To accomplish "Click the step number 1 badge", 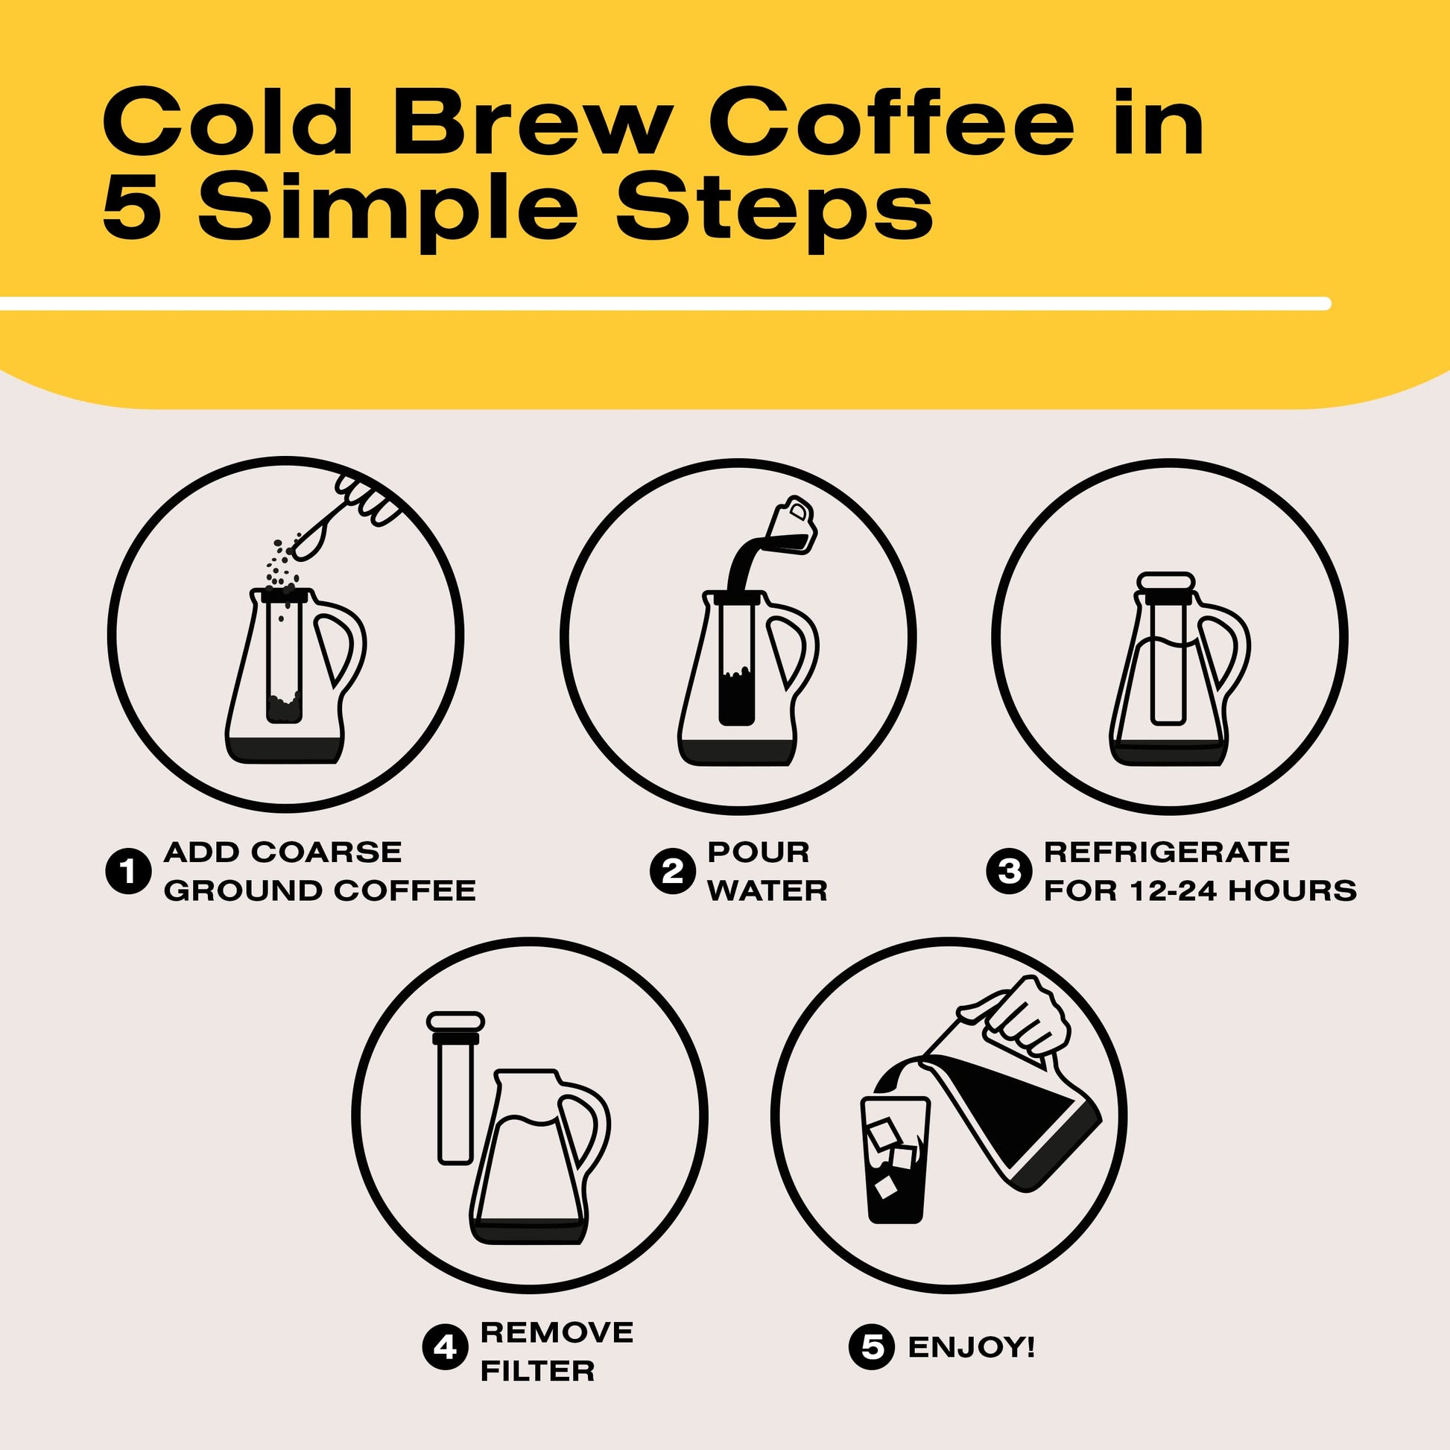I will click(x=129, y=872).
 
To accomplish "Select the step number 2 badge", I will click(x=671, y=872).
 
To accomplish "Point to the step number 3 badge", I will click(x=1009, y=872).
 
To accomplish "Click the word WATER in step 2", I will click(x=767, y=892).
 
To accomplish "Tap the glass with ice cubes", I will click(x=895, y=1159).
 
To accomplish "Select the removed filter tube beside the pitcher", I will click(x=455, y=1088).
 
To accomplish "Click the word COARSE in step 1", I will click(x=326, y=852).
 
